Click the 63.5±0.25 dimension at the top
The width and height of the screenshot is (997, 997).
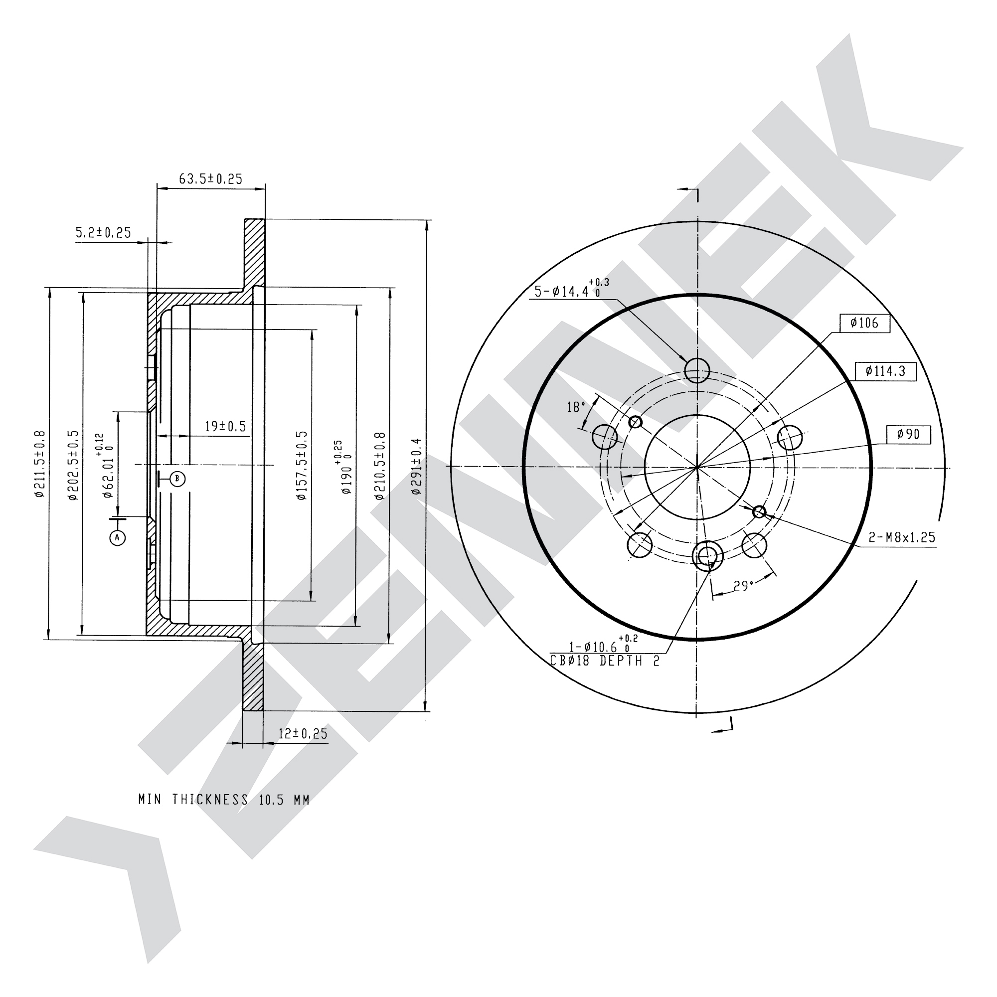tap(210, 178)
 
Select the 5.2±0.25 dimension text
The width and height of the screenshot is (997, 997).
tap(103, 233)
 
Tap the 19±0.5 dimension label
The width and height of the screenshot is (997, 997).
tap(225, 426)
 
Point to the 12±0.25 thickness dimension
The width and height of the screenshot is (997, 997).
tap(303, 733)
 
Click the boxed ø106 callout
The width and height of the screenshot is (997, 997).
tap(864, 323)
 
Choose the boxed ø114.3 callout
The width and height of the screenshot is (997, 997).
tap(885, 371)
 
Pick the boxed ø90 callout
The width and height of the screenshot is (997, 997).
tap(909, 434)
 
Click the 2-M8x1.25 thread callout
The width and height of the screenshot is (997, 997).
tap(902, 537)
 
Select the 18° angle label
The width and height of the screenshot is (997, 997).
tap(576, 407)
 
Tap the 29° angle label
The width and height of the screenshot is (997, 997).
tap(743, 586)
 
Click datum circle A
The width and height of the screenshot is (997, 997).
tap(118, 538)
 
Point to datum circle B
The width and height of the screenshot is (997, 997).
tap(177, 479)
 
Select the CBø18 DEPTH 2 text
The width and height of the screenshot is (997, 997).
tap(605, 661)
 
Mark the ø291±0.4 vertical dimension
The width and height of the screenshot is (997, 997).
tap(417, 467)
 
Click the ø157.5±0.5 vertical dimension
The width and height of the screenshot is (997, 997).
tap(302, 466)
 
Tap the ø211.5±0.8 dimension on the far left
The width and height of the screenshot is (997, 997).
tap(40, 464)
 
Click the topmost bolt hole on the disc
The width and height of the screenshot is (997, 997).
tap(697, 370)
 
